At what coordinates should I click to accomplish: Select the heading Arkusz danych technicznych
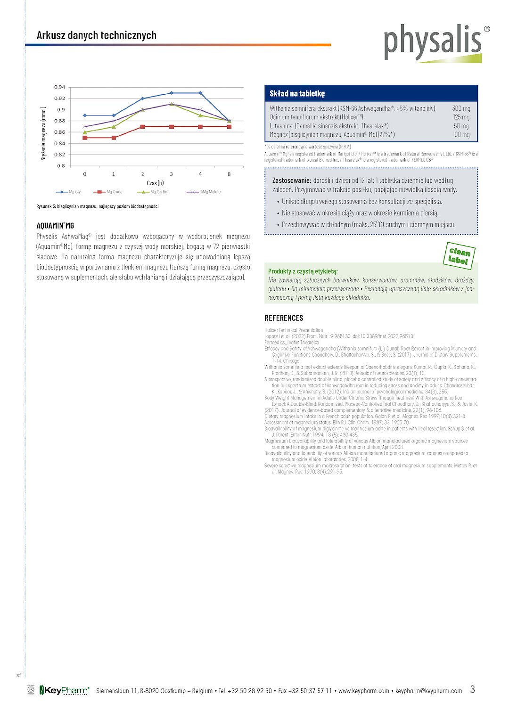[x=97, y=35]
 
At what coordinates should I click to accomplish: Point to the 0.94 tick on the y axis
[x=59, y=87]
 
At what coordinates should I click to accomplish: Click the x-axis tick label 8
[x=230, y=174]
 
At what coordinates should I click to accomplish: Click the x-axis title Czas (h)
[x=156, y=183]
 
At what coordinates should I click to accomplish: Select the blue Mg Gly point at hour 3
[x=172, y=93]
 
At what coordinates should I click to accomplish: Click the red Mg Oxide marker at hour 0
[x=85, y=138]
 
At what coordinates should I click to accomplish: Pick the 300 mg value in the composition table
[x=461, y=108]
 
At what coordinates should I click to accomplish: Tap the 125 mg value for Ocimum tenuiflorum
[x=461, y=117]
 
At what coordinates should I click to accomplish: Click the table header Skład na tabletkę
[x=297, y=93]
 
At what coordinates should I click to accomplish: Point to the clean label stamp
[x=459, y=256]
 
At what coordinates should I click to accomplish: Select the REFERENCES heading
[x=284, y=318]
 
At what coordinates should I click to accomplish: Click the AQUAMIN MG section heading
[x=55, y=226]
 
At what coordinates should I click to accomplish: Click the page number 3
[x=472, y=689]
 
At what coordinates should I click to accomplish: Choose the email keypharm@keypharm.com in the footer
[x=429, y=691]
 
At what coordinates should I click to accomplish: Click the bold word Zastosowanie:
[x=292, y=180]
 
